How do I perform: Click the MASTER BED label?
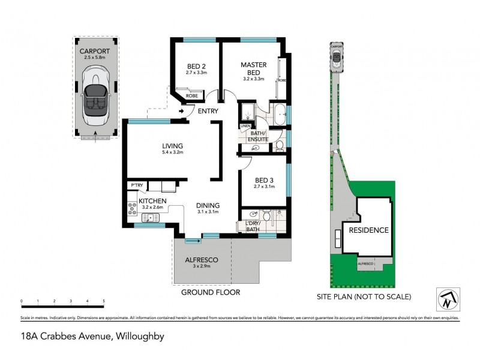pos(253,68)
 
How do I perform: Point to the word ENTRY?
pos(205,112)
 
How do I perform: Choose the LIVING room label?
pos(172,146)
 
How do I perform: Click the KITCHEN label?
pos(152,200)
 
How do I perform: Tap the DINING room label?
pos(208,205)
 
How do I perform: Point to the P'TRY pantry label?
pos(136,187)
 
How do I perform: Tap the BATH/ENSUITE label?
pos(259,136)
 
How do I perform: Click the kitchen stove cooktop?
pos(131,209)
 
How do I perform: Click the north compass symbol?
pos(447,298)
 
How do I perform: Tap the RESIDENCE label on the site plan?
pos(369,230)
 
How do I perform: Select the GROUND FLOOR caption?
pos(211,292)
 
